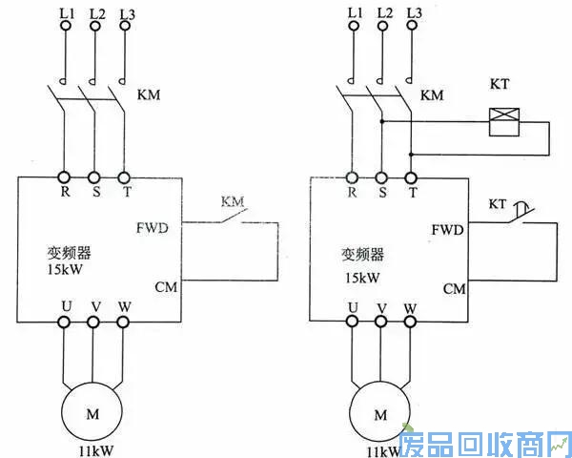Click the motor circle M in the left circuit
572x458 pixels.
pos(92,413)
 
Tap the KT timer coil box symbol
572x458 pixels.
pos(502,119)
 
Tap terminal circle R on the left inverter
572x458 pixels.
pos(65,177)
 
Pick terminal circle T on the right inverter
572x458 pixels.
pos(412,177)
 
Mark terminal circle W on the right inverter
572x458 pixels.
pos(411,323)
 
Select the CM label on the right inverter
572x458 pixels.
pos(453,288)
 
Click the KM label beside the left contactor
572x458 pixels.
pos(150,95)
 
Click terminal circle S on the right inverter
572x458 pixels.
pos(381,177)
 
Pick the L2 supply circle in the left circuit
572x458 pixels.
pos(94,27)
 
